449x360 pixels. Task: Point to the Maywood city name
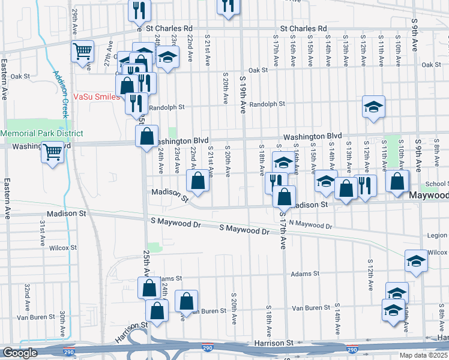(429, 196)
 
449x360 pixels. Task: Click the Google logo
(20, 353)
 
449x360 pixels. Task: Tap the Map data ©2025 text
(424, 355)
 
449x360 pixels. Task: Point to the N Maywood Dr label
(310, 225)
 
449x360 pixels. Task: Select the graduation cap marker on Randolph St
(373, 107)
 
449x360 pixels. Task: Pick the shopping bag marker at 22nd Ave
(198, 179)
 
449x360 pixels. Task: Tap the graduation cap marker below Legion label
(415, 260)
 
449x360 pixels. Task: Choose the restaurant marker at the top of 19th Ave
(228, 6)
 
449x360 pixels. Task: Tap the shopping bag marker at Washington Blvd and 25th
(146, 136)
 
